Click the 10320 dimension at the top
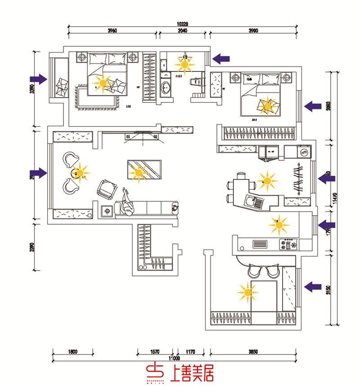point(182,23)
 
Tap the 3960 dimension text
point(112,31)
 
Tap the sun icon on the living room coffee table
point(139,172)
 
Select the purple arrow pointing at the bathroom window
point(221,58)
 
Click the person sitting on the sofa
point(127,203)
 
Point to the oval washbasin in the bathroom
point(166,87)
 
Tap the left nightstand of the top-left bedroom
point(82,57)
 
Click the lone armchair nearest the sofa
point(107,189)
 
